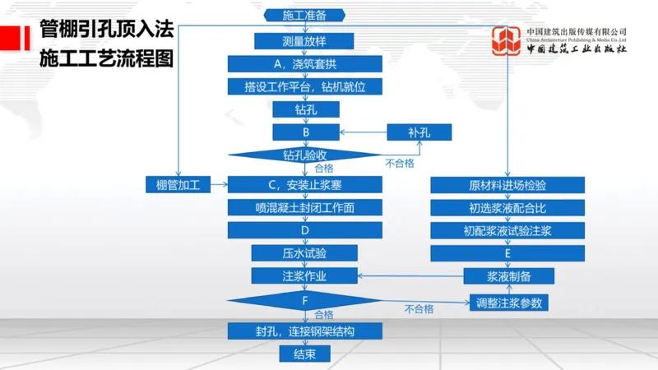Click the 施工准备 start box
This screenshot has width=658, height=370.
(x=304, y=16)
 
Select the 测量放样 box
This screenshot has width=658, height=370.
(x=304, y=41)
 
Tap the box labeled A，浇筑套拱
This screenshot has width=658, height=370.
(x=304, y=64)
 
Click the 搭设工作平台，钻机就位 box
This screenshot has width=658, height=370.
(x=304, y=86)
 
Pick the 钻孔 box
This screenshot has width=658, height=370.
(x=304, y=109)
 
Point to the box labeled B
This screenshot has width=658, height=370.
(x=304, y=132)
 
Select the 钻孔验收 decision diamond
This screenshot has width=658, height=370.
(x=304, y=154)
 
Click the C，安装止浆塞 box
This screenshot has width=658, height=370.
(x=304, y=185)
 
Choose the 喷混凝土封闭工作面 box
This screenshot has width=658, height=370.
(x=304, y=208)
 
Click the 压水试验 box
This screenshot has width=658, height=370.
(x=304, y=253)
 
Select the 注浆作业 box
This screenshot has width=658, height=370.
(x=304, y=275)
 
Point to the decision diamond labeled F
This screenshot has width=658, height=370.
(x=304, y=300)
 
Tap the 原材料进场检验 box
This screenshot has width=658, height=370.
(x=507, y=185)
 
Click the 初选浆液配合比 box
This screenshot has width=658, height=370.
(x=507, y=208)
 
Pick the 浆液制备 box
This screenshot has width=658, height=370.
(x=508, y=276)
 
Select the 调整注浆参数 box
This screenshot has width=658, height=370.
(x=508, y=303)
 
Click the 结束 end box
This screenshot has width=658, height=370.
(x=304, y=354)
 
